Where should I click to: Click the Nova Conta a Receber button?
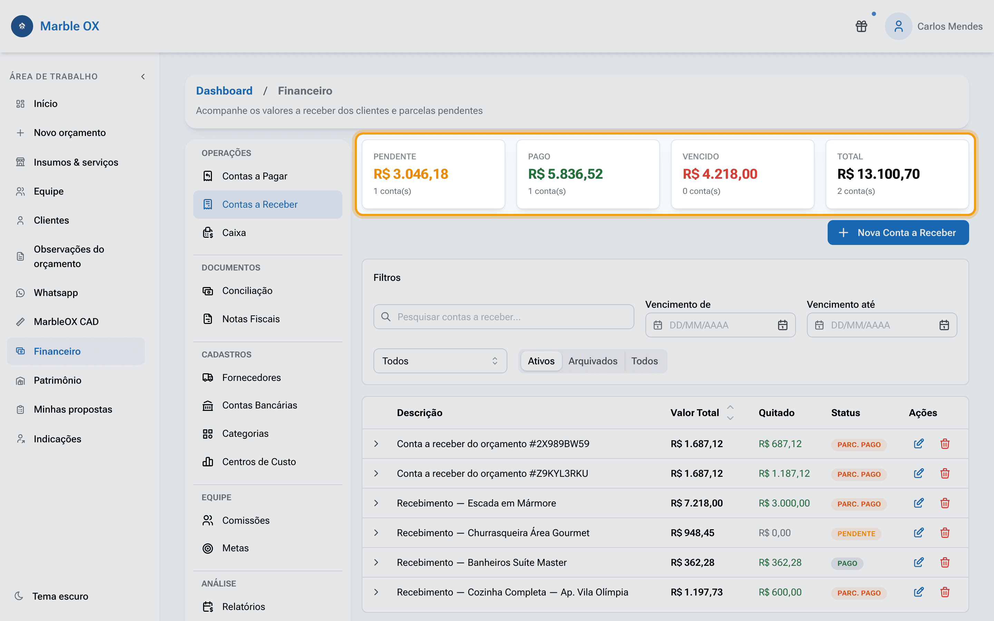(898, 233)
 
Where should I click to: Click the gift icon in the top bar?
(861, 26)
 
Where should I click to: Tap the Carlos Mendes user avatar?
(898, 26)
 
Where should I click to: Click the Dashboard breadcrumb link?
(224, 91)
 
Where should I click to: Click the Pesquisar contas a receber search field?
(504, 317)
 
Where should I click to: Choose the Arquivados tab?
(593, 361)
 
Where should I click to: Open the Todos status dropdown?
(440, 361)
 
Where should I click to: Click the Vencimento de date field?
(720, 325)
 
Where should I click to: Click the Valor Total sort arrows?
(730, 413)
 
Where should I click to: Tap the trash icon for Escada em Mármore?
(945, 503)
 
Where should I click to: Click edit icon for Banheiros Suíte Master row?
(919, 562)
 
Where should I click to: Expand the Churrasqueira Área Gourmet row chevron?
(376, 533)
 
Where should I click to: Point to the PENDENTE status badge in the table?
(856, 533)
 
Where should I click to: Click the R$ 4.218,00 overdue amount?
(720, 174)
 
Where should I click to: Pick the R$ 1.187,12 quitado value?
(784, 474)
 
